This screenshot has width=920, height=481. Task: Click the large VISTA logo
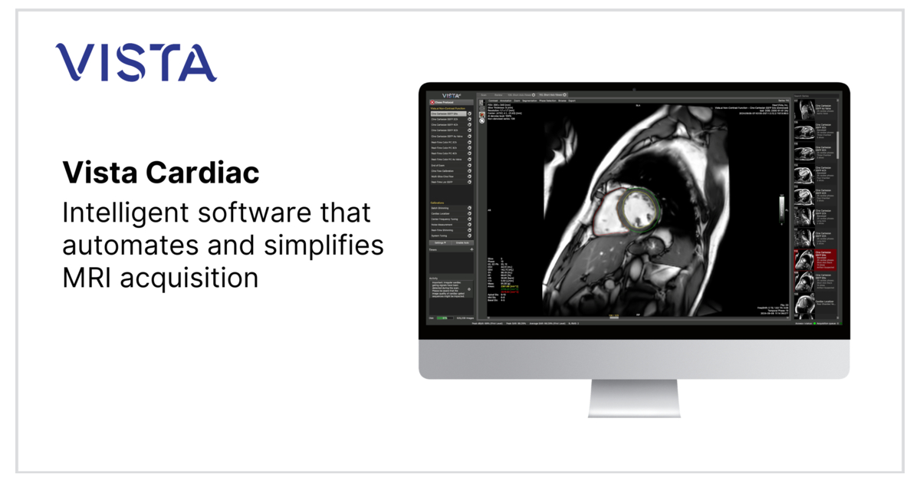136,63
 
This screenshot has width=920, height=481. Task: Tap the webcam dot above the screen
634,90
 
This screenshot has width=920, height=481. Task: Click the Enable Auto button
462,242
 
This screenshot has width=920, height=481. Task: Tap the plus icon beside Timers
472,249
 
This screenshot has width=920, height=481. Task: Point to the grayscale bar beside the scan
782,208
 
